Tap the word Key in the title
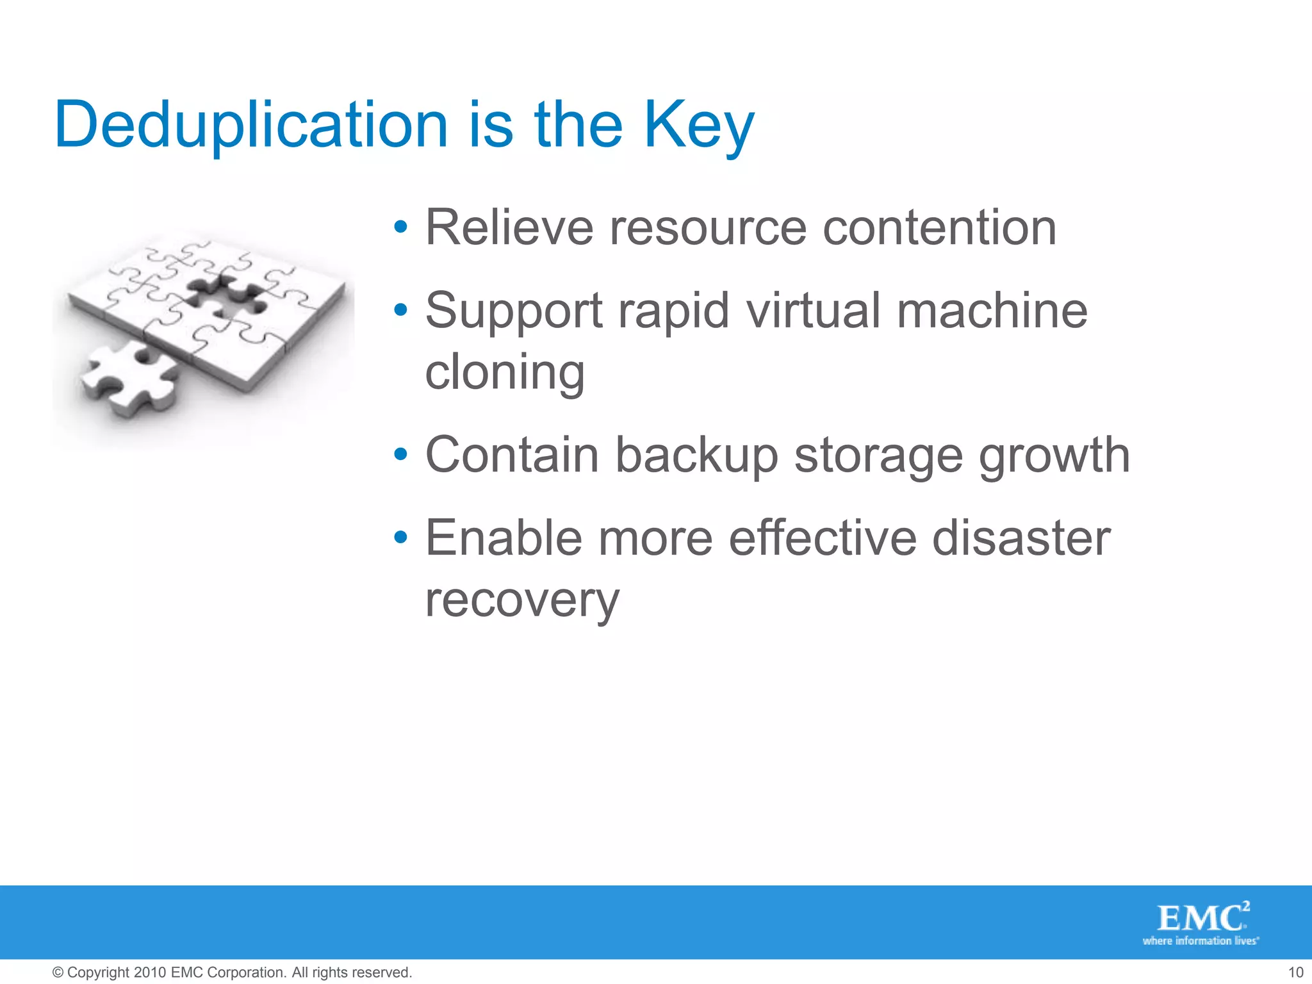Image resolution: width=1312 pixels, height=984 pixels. pos(698,126)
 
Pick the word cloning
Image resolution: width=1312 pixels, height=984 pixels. pos(505,372)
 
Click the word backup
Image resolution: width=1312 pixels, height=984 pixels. pos(696,455)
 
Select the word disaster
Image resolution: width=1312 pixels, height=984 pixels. pos(1021,538)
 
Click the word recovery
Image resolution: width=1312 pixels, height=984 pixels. pos(522,601)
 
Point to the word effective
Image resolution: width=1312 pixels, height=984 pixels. pos(823,538)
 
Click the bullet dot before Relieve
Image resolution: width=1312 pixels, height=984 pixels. pos(401,227)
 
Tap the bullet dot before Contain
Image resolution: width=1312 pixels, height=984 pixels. pos(401,454)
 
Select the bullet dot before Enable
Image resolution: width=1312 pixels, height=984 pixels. pos(401,537)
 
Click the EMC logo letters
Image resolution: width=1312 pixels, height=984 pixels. pos(1199,919)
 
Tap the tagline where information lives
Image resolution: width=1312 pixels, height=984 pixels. pos(1200,941)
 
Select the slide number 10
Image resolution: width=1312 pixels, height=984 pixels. pos(1295,972)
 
